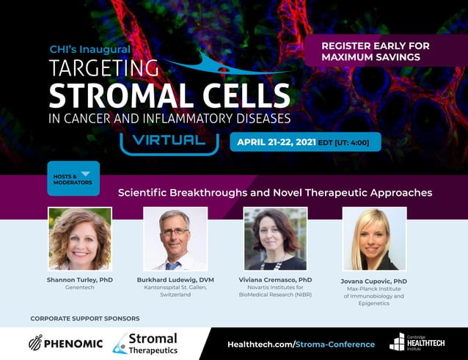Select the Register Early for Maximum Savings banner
pyautogui.click(x=375, y=51)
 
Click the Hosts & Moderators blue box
pyautogui.click(x=73, y=179)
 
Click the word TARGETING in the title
pyautogui.click(x=103, y=69)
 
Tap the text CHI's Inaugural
pyautogui.click(x=89, y=49)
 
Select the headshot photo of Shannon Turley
pyautogui.click(x=79, y=238)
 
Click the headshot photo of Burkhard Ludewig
pyautogui.click(x=175, y=238)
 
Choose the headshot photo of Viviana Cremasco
pyautogui.click(x=274, y=238)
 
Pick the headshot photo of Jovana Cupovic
pyautogui.click(x=374, y=238)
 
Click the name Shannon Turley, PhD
pyautogui.click(x=79, y=279)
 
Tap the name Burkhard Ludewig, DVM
pyautogui.click(x=175, y=279)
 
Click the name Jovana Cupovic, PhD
pyautogui.click(x=375, y=281)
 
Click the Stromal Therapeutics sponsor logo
pyautogui.click(x=145, y=343)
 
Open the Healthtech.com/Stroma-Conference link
pyautogui.click(x=301, y=344)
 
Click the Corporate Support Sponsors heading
pyautogui.click(x=84, y=318)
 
